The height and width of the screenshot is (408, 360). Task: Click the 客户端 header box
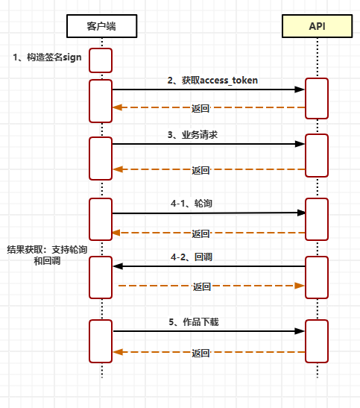click(101, 26)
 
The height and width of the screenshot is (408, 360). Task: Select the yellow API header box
click(317, 26)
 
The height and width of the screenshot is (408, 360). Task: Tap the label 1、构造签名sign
click(47, 57)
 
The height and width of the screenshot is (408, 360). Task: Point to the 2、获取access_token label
click(212, 81)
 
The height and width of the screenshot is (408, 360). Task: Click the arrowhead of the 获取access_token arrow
click(300, 90)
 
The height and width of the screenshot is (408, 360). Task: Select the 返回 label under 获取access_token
click(200, 108)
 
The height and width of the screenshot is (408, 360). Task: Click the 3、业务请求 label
click(192, 135)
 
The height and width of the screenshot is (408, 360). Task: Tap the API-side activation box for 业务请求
click(317, 156)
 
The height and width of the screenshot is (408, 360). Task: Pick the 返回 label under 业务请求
click(200, 170)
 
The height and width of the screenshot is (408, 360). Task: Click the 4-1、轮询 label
click(192, 203)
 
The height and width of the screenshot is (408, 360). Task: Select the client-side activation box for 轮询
click(101, 219)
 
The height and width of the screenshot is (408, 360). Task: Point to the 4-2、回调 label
click(192, 257)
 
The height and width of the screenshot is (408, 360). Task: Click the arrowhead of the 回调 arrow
click(118, 266)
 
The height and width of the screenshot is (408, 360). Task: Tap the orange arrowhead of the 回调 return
click(300, 286)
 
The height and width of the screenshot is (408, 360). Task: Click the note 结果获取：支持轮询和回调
click(47, 255)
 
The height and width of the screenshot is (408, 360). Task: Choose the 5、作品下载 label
click(194, 322)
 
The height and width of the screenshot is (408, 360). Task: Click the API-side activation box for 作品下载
click(317, 341)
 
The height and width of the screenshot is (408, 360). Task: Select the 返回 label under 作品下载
click(200, 353)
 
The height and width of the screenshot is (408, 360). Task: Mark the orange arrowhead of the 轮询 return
click(116, 233)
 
